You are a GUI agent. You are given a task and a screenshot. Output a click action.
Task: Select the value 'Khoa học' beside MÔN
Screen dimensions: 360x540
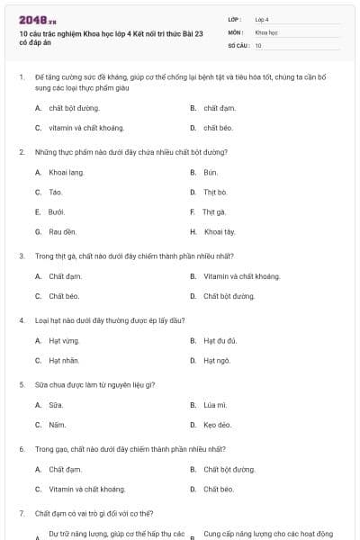click(x=266, y=31)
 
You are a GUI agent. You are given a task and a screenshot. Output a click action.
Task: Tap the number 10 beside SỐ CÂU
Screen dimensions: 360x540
click(x=258, y=44)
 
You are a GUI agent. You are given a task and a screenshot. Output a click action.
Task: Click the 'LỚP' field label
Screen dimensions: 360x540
click(x=235, y=19)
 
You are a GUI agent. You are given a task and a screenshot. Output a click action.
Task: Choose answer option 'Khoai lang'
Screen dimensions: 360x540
click(x=66, y=172)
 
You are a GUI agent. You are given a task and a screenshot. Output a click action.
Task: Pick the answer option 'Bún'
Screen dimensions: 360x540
click(x=211, y=172)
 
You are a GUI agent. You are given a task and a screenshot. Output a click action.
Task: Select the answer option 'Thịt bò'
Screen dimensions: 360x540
click(x=215, y=192)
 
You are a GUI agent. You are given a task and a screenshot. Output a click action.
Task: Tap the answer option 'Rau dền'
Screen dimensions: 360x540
click(x=62, y=231)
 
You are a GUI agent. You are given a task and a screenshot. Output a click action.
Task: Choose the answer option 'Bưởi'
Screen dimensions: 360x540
click(x=57, y=211)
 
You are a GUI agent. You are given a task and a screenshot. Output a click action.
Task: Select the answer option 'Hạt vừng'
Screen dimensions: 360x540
click(x=64, y=341)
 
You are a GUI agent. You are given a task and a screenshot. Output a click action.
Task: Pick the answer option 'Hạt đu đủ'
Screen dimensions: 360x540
click(x=220, y=341)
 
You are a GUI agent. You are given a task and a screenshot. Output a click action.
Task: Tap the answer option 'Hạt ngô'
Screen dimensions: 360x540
click(x=217, y=361)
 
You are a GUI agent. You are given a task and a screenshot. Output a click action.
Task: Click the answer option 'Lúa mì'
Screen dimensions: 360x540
click(x=215, y=405)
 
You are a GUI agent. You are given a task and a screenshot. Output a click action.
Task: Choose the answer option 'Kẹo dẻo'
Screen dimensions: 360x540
click(x=217, y=425)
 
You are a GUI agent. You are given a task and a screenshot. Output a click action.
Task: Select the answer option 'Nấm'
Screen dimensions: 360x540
click(x=57, y=425)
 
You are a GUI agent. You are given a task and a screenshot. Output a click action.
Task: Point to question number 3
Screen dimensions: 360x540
click(x=22, y=256)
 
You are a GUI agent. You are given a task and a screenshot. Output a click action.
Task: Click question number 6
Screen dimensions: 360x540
click(x=22, y=448)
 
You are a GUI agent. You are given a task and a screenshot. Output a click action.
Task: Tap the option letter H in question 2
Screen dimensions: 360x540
click(x=193, y=231)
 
